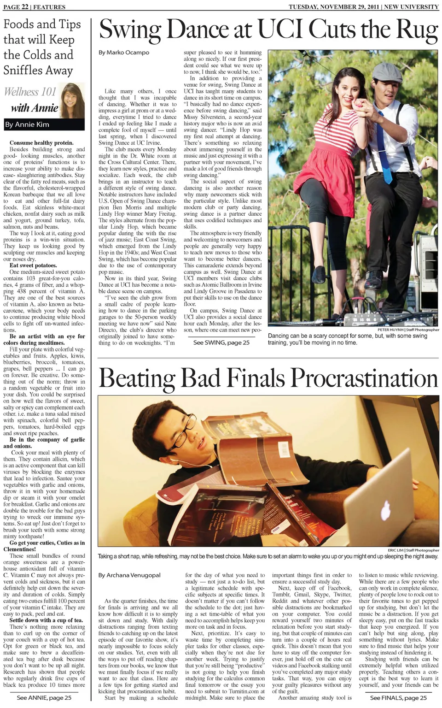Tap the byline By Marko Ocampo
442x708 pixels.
[124, 53]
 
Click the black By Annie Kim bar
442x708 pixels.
[44, 124]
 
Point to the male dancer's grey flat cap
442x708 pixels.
[386, 71]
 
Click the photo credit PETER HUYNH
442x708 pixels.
[390, 330]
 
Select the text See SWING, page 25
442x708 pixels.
[221, 342]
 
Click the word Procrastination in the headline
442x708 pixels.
[364, 379]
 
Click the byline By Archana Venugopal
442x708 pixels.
[129, 575]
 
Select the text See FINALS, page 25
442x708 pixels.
[398, 698]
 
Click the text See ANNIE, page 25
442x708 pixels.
[44, 698]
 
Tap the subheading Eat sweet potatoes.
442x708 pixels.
[33, 265]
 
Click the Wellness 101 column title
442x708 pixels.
[30, 92]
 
